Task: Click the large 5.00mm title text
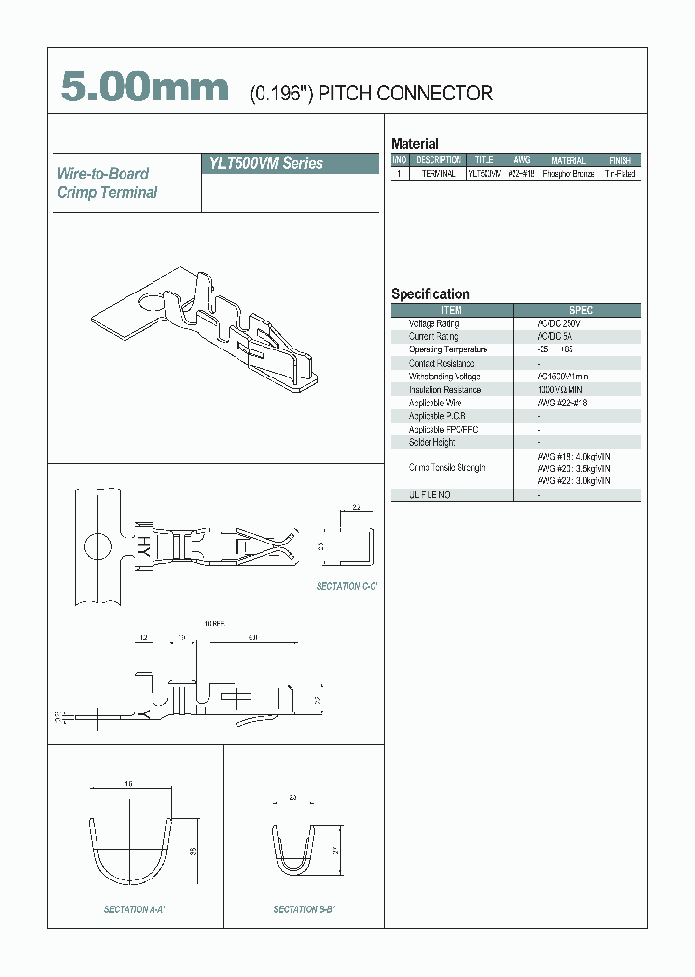point(145,88)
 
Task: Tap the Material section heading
point(414,144)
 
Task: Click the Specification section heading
point(430,294)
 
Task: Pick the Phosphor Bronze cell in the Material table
point(568,174)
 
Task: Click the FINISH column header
point(620,161)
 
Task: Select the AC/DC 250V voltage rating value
point(560,323)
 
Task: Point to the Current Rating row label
point(433,336)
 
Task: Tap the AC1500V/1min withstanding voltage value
point(563,377)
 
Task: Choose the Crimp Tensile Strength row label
point(446,467)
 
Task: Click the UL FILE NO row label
point(429,494)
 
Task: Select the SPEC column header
point(581,310)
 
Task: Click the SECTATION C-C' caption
point(347,587)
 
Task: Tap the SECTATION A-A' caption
point(135,909)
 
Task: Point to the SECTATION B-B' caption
point(304,909)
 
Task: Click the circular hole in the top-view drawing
point(97,547)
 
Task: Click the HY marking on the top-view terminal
point(141,547)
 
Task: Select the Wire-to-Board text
point(102,174)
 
